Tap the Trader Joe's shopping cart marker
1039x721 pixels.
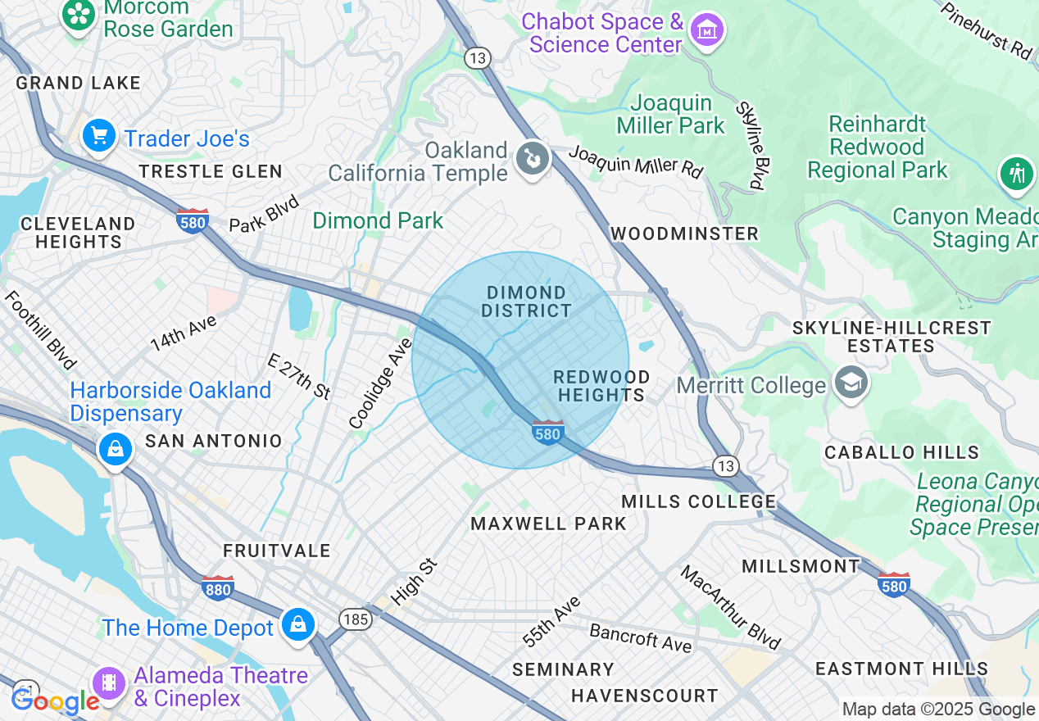(99, 135)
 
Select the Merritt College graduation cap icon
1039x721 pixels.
(851, 383)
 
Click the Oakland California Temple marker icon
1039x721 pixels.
(532, 159)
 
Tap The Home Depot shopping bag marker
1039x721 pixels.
(297, 625)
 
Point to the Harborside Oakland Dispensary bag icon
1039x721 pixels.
(116, 449)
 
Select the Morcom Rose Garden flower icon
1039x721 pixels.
(79, 15)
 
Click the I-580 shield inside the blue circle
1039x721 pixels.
(547, 432)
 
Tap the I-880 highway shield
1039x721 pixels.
(218, 587)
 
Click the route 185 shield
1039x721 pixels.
(356, 619)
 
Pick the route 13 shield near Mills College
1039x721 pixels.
(724, 466)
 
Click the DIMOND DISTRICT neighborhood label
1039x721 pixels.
(526, 302)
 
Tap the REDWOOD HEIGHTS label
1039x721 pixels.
(601, 386)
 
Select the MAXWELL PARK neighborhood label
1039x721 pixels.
(548, 524)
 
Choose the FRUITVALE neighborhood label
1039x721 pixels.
(277, 551)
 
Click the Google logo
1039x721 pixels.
(55, 701)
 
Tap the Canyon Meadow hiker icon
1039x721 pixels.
(1017, 174)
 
